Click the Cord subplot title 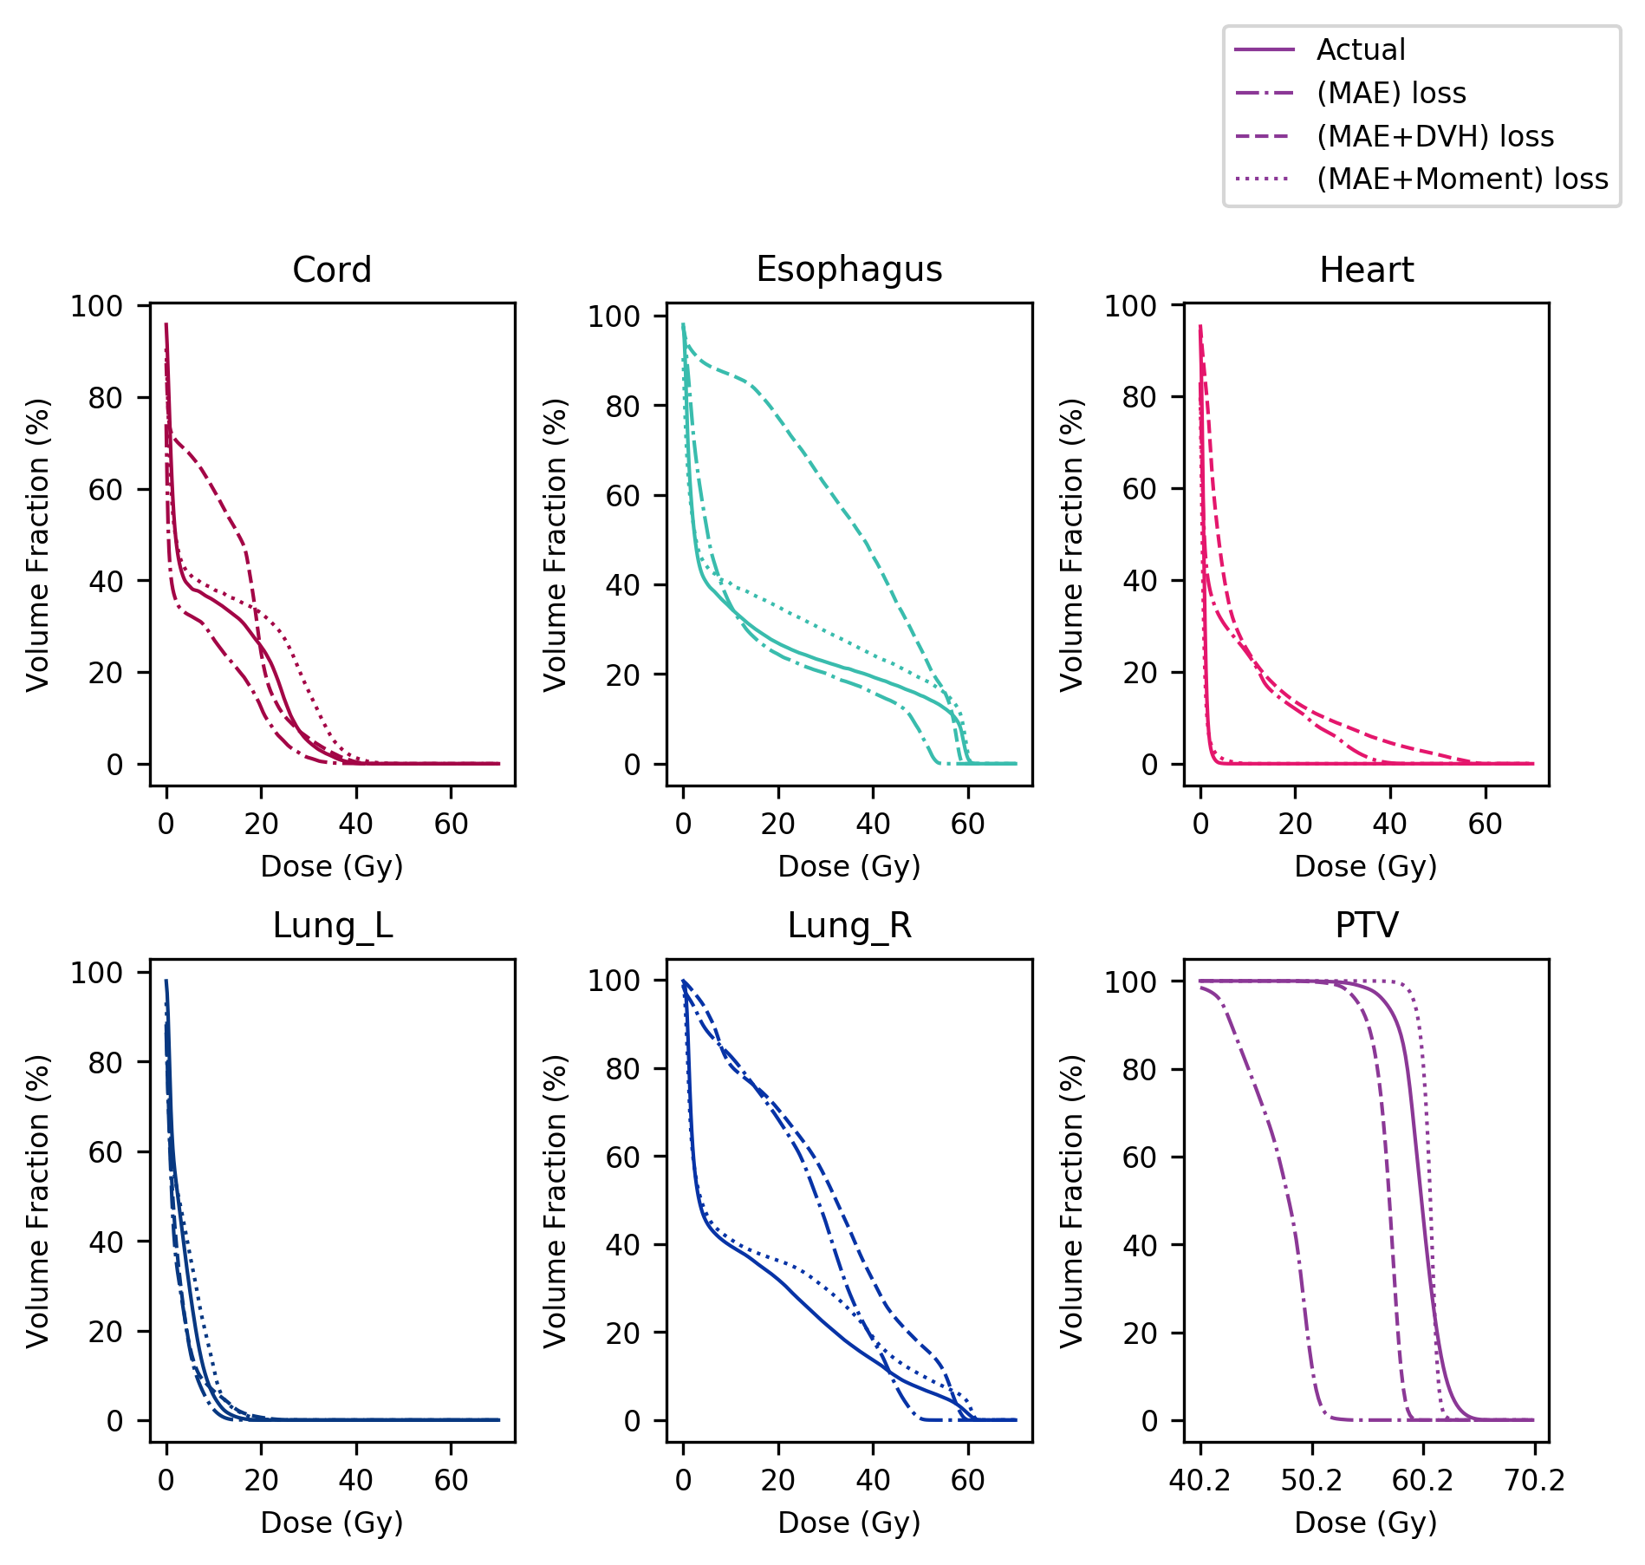coord(332,270)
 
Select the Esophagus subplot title coord(849,269)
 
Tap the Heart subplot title coord(1366,270)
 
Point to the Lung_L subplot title coord(332,926)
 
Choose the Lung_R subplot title coord(849,926)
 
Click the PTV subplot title coord(1366,926)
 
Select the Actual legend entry coord(1361,49)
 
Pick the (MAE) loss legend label coord(1391,93)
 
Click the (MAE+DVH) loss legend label coord(1435,136)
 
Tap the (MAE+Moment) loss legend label coord(1462,179)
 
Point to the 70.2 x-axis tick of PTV coord(1535,1481)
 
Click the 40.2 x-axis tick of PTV coord(1200,1481)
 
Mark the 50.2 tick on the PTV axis coord(1312,1481)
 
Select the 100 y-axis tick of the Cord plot coord(96,306)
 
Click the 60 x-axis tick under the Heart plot coord(1486,824)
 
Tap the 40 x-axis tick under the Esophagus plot coord(873,824)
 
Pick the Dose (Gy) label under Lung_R coord(849,1523)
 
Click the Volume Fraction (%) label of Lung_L coord(38,1200)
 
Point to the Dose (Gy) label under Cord coord(332,866)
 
